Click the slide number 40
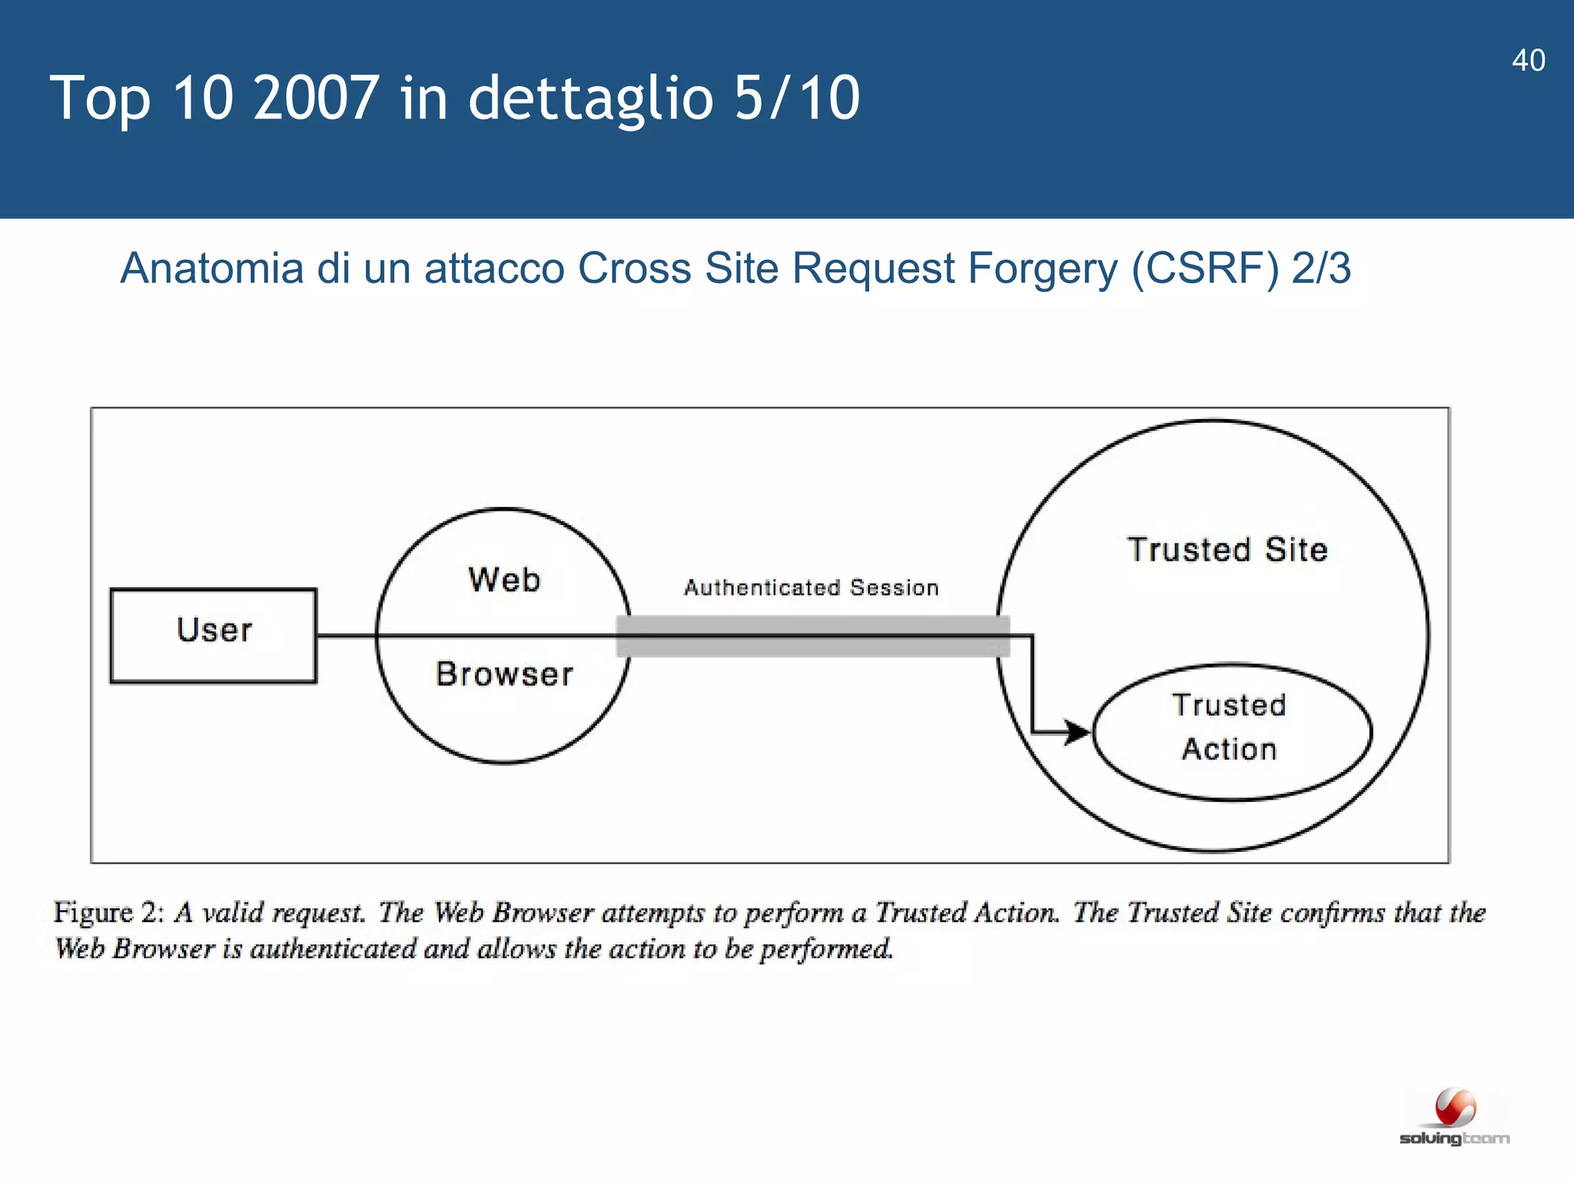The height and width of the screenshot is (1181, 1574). pyautogui.click(x=1528, y=61)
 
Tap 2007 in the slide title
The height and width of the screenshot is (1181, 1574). pyautogui.click(x=315, y=98)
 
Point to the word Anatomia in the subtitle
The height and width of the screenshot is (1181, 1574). pyautogui.click(x=212, y=268)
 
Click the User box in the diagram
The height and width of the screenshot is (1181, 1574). pyautogui.click(x=214, y=635)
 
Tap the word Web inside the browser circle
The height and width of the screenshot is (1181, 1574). pyautogui.click(x=504, y=580)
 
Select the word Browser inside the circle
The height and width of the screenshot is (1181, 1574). pyautogui.click(x=504, y=674)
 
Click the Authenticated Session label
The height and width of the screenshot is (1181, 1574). pyautogui.click(x=812, y=588)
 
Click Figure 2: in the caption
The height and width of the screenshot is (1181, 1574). pyautogui.click(x=108, y=913)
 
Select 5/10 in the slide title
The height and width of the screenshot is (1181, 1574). pyautogui.click(x=796, y=98)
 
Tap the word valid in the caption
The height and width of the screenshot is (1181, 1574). pyautogui.click(x=233, y=913)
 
